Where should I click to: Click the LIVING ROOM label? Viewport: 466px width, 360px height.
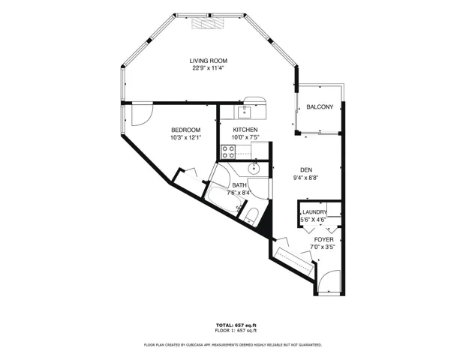tap(209, 61)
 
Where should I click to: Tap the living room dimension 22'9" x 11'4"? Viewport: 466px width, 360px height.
tap(208, 68)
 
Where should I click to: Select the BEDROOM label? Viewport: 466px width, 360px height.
tap(186, 130)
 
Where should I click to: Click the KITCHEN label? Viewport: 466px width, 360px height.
tap(245, 130)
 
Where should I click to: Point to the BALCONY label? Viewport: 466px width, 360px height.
tap(320, 107)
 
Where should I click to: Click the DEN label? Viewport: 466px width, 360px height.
tap(306, 170)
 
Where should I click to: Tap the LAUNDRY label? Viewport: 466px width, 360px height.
tap(314, 212)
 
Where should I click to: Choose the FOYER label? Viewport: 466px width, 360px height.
tap(323, 239)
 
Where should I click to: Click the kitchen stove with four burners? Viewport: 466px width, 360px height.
tap(228, 151)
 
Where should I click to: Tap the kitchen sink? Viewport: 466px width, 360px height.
tap(245, 112)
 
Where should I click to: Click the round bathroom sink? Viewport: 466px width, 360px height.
tap(254, 169)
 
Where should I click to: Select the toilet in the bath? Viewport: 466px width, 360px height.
tap(251, 215)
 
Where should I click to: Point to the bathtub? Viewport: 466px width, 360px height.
tap(224, 199)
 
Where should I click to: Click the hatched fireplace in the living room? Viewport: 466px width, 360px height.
tap(207, 22)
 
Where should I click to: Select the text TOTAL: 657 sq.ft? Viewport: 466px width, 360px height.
tap(236, 325)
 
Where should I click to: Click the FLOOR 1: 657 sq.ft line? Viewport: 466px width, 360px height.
tap(236, 330)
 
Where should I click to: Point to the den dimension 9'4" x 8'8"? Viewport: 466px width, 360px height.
tap(306, 178)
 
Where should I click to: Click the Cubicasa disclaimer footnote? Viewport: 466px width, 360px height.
tap(233, 345)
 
